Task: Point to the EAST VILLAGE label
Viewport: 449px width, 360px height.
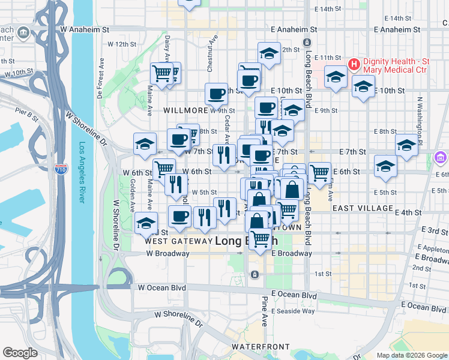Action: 362,208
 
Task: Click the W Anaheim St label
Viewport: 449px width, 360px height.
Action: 85,28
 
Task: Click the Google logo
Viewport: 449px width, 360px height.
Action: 20,353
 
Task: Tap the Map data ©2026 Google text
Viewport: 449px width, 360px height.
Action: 411,355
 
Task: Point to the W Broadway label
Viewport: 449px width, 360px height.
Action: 167,253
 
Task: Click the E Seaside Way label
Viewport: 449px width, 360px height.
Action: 292,311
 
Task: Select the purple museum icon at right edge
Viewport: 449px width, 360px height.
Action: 441,158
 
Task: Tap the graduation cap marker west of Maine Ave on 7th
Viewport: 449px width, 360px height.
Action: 145,143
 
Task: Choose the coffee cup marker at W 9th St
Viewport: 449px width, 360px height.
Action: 216,93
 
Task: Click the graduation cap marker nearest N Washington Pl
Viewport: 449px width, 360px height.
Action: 406,145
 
